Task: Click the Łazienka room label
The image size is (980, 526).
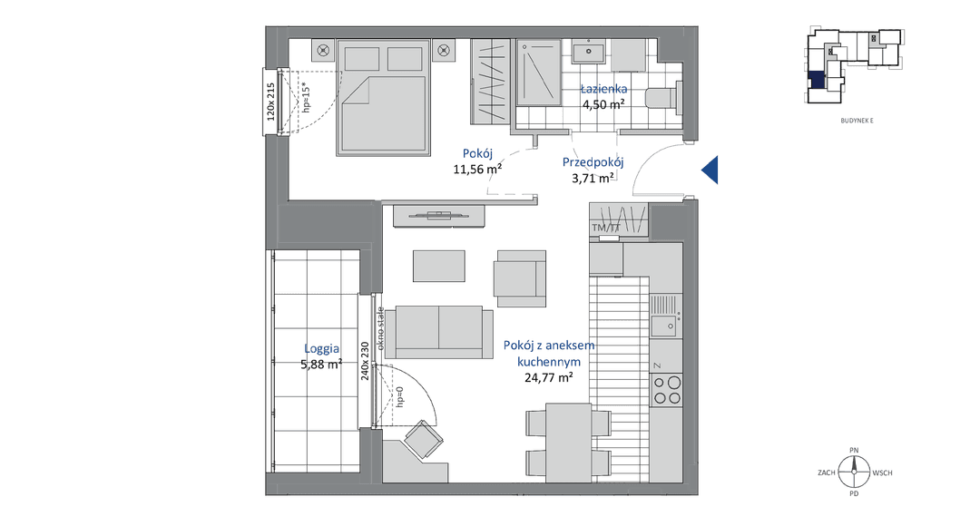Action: coord(603,89)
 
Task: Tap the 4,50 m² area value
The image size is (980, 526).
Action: coord(603,104)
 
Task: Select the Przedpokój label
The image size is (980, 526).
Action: coord(593,162)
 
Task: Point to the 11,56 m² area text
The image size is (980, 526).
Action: coord(477,169)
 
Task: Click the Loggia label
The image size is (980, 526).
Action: coord(322,349)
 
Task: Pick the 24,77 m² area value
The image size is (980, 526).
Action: coord(549,377)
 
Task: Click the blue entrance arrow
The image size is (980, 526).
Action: coord(710,170)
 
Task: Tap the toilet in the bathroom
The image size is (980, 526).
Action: coord(663,98)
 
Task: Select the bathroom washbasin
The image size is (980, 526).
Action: coord(588,51)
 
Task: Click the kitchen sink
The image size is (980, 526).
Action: coord(666,317)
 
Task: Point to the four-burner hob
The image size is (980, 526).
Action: coord(666,389)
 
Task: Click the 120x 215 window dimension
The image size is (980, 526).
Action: coord(270,102)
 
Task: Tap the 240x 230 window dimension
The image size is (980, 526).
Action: coord(365,360)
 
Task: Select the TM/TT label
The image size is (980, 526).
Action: coord(605,228)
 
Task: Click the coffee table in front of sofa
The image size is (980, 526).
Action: coord(439,266)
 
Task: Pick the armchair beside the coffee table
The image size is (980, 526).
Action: coord(520,278)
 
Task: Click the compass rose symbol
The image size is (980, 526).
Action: coord(854,472)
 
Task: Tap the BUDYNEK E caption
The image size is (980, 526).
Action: coord(857,121)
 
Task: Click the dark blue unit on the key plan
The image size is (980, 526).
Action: coord(817,80)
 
